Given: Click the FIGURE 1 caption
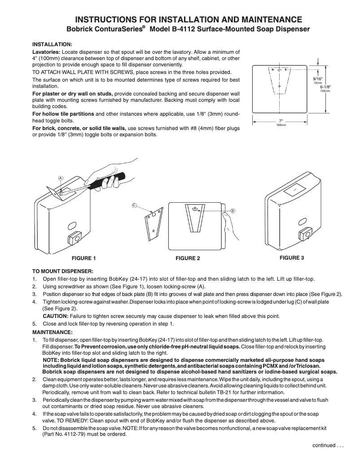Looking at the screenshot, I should (x=84, y=259).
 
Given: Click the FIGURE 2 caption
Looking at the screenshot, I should (x=188, y=259).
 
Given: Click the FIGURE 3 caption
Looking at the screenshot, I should (x=292, y=258).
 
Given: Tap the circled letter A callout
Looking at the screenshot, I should (x=60, y=178).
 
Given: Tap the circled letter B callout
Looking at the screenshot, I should (x=233, y=210).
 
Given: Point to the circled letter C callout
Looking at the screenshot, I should (x=134, y=205).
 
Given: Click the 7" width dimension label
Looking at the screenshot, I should (x=281, y=121).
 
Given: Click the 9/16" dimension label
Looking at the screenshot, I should (x=318, y=79).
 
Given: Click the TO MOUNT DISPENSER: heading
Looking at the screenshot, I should (x=63, y=271).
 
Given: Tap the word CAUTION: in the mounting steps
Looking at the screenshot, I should (x=55, y=316).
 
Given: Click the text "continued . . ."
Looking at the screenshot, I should (x=328, y=445).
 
